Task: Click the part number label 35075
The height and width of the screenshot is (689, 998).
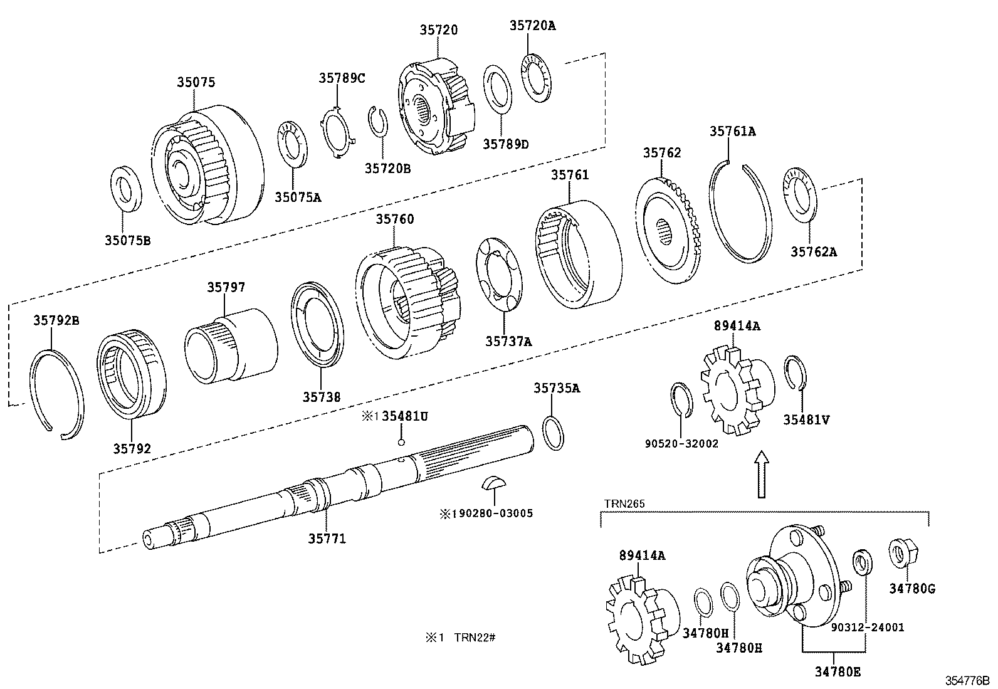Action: [x=196, y=82]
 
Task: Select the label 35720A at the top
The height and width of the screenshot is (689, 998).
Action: [x=533, y=26]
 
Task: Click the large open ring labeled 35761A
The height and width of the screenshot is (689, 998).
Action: [x=740, y=213]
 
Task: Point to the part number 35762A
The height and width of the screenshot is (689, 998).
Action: [x=814, y=252]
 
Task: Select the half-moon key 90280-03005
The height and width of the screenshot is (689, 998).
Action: [x=492, y=483]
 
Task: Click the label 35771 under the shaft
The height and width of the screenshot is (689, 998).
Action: [x=327, y=539]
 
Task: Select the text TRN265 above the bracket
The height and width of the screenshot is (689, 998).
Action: [x=624, y=503]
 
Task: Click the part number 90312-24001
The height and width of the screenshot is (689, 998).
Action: [x=868, y=627]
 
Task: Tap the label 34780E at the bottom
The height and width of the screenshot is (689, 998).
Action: [x=838, y=672]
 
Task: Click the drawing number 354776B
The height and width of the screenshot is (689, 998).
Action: [x=967, y=680]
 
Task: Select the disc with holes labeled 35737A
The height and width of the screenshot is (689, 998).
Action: [x=500, y=273]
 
